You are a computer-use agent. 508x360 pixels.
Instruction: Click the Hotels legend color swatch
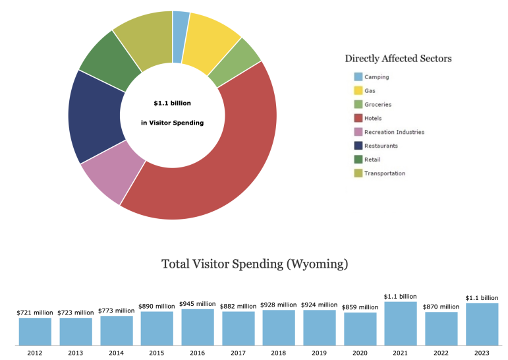358,118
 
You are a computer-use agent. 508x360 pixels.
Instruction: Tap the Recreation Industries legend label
394,132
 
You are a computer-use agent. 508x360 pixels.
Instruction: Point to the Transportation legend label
385,173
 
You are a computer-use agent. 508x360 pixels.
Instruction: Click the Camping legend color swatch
358,76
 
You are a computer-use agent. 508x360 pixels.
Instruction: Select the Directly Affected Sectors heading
398,59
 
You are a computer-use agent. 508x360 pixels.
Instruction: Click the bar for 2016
197,326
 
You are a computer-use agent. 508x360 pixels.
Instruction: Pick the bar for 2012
35,331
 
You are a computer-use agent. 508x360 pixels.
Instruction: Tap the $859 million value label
360,307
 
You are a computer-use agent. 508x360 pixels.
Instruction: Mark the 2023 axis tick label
482,353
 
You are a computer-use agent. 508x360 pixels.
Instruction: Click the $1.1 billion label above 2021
401,297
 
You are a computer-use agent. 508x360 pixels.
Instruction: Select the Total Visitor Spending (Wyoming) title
254,264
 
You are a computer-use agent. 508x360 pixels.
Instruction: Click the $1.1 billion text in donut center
172,104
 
